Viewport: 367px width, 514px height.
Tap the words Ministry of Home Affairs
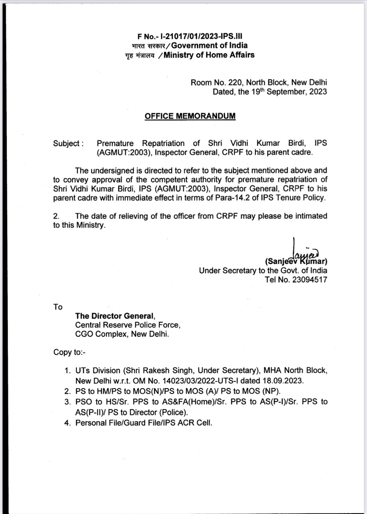(x=209, y=55)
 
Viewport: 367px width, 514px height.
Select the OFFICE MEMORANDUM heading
(x=190, y=116)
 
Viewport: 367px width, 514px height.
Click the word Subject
(x=67, y=143)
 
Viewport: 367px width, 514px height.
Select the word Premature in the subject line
(x=115, y=143)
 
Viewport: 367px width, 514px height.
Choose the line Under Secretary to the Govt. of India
(x=263, y=270)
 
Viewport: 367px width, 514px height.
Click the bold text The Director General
(x=114, y=316)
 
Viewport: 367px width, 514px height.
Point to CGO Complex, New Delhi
(x=122, y=334)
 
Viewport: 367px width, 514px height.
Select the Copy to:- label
(x=69, y=352)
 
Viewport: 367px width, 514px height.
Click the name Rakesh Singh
(x=168, y=370)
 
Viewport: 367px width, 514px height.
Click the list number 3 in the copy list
(x=67, y=402)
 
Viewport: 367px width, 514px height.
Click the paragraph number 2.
(x=56, y=216)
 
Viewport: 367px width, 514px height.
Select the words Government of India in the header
(x=209, y=45)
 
